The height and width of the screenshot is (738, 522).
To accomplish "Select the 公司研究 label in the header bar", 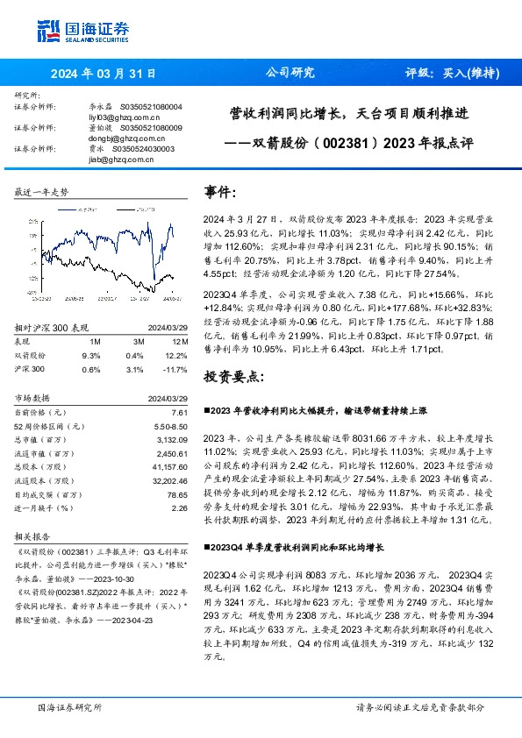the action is pyautogui.click(x=290, y=74).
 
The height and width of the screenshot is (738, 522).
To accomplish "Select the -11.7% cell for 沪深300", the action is pyautogui.click(x=176, y=369).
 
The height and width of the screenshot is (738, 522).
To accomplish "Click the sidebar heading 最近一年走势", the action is pyautogui.click(x=41, y=192).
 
